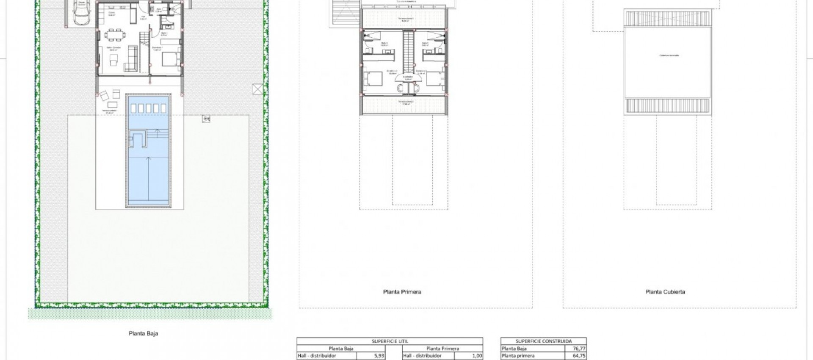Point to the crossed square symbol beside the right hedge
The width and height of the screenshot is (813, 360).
257,89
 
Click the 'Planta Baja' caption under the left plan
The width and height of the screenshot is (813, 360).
143,333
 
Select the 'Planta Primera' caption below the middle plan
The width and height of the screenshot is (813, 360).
402,292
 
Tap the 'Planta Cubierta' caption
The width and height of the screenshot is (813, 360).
665,292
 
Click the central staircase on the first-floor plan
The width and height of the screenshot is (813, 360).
408,51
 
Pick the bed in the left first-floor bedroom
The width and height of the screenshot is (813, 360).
373,79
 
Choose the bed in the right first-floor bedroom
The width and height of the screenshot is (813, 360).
434,79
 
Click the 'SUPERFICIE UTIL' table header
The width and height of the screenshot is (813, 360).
390,341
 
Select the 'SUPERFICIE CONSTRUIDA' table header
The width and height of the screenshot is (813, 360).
543,341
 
